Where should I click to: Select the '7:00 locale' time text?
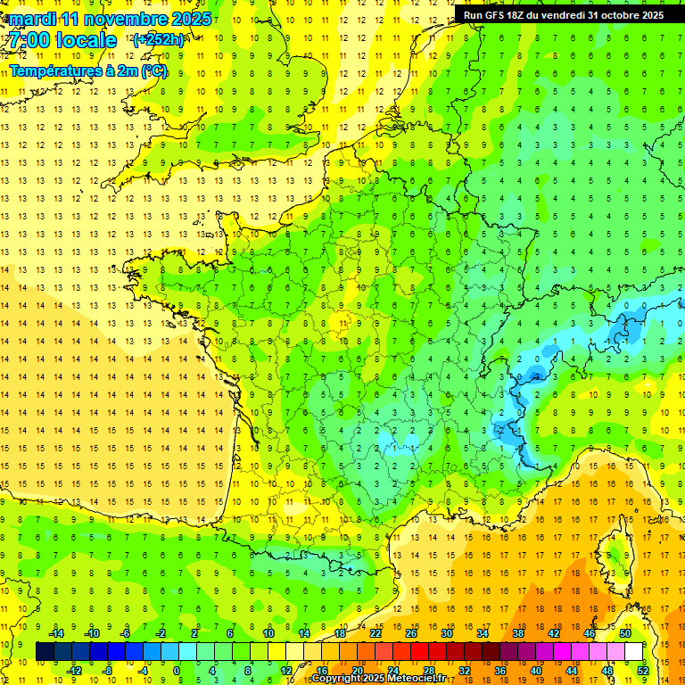pos(62,40)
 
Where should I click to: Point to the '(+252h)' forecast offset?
pos(159,40)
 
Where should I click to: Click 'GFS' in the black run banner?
pos(501,14)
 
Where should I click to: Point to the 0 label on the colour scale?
pos(177,670)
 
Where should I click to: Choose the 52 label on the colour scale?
pos(642,670)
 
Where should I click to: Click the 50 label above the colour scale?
pos(625,633)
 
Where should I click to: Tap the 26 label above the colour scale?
pos(410,633)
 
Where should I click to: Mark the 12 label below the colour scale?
pos(285,670)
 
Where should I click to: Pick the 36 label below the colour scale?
pos(499,670)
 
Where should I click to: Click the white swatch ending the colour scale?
pos(633,651)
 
